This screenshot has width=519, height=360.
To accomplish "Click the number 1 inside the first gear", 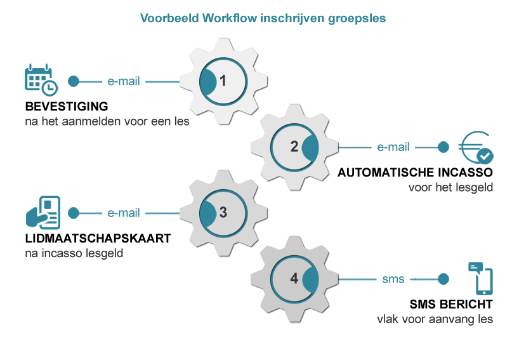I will (223, 81).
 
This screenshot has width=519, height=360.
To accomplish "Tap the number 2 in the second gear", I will (294, 147).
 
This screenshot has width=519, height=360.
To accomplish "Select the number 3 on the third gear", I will (223, 213).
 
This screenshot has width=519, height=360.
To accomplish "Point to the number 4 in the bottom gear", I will (294, 279).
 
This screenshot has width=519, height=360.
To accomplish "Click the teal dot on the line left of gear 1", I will (74, 81).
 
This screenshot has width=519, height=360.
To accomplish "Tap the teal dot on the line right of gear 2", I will (443, 147).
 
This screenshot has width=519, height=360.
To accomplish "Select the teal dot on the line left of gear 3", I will (74, 213).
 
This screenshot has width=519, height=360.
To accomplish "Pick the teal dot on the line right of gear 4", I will (443, 279).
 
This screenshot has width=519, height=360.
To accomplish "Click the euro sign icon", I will (476, 147).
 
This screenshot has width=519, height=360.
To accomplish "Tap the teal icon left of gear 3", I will (43, 213).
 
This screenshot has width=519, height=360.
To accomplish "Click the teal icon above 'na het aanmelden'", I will (42, 81).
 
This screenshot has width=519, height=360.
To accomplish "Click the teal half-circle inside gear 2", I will (310, 147).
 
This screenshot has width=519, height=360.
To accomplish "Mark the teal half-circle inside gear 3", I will (207, 213).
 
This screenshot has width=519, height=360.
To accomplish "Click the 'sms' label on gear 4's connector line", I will (393, 279).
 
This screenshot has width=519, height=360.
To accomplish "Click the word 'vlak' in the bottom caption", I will (388, 319).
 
